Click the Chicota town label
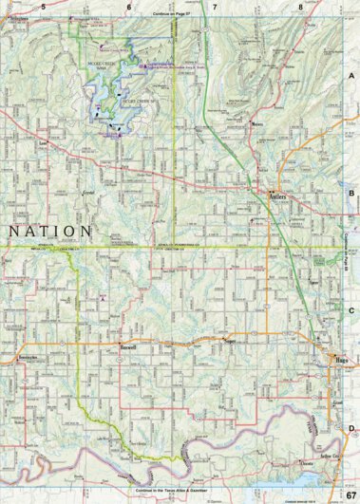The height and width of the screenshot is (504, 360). tap(306, 462)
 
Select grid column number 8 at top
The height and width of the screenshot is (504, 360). tap(300, 7)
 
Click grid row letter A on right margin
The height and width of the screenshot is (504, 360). tap(351, 75)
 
